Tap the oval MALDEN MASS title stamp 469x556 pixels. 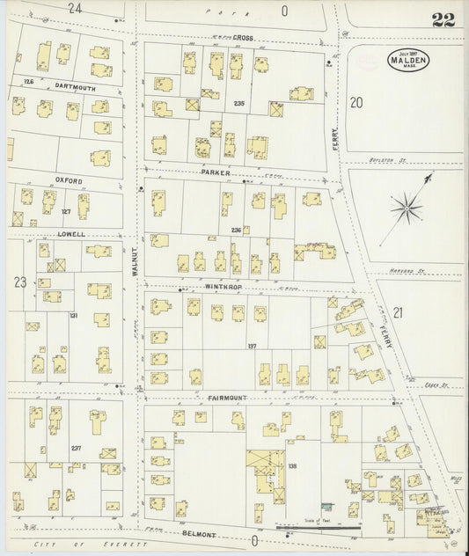point(408,62)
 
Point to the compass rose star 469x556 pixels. point(406,208)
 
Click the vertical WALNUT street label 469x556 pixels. point(136,261)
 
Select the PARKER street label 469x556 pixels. point(215,172)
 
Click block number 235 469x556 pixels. point(238,104)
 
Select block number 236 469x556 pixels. point(236,230)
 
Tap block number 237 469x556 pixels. point(76,448)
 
